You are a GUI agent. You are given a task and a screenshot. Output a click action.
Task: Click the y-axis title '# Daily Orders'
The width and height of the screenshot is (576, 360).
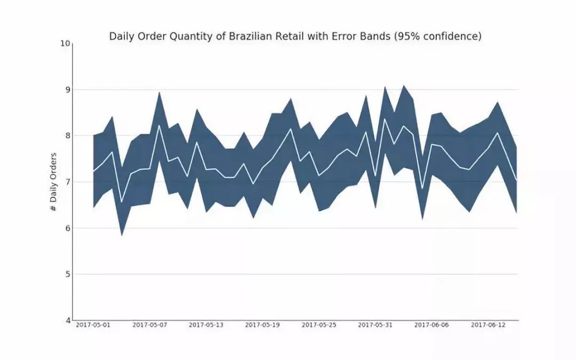pyautogui.click(x=53, y=182)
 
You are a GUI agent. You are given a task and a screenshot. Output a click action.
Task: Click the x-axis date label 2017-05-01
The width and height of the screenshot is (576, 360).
pyautogui.click(x=93, y=325)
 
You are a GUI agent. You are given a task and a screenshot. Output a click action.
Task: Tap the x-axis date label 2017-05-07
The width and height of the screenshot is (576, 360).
pyautogui.click(x=150, y=325)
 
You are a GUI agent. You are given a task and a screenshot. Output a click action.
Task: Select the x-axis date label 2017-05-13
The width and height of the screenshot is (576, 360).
pyautogui.click(x=206, y=325)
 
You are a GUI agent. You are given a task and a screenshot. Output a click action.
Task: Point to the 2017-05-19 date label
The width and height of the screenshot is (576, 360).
pyautogui.click(x=262, y=325)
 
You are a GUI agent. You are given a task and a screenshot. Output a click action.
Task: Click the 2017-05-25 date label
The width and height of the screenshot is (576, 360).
pyautogui.click(x=319, y=325)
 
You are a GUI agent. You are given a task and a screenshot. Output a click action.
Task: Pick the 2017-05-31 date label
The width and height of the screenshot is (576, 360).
pyautogui.click(x=375, y=325)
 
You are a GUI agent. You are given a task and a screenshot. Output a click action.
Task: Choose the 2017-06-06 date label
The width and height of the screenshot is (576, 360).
pyautogui.click(x=432, y=325)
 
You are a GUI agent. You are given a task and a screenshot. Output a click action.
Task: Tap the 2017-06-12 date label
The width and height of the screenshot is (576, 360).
pyautogui.click(x=488, y=325)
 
